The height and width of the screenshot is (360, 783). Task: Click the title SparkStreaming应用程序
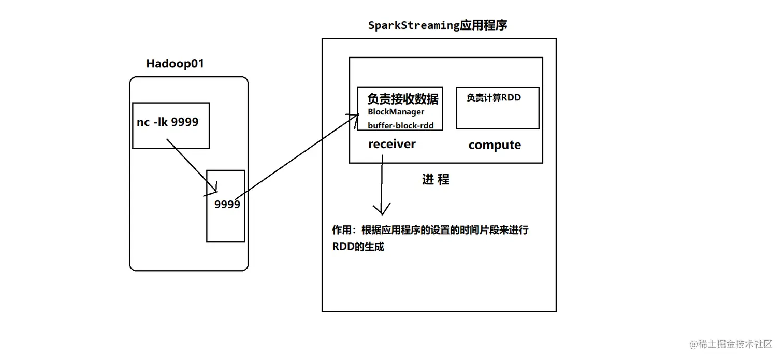437,25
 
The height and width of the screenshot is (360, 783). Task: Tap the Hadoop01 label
175,64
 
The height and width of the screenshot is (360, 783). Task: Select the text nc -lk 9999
167,122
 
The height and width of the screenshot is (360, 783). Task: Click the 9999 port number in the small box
227,204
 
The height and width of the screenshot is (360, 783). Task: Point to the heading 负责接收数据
402,98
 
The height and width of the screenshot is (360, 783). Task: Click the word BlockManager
396,112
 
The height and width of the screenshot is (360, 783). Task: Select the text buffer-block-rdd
400,125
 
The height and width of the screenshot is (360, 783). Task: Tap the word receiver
392,144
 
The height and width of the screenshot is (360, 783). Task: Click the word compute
495,145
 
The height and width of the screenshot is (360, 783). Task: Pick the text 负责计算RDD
493,97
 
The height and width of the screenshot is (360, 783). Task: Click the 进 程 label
436,180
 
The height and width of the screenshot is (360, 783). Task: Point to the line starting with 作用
430,230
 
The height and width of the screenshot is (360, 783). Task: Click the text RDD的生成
358,247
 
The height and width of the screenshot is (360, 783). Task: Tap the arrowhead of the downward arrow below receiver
382,210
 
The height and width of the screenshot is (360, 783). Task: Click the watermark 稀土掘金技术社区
732,344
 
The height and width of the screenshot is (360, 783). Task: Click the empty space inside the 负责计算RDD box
497,116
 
